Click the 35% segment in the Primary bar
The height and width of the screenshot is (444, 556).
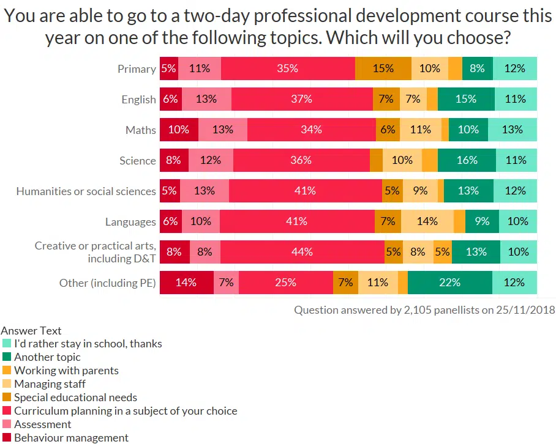(288, 68)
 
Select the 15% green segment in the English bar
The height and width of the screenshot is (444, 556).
(466, 99)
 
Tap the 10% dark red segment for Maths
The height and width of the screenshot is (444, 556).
(179, 130)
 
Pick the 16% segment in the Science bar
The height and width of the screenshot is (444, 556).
(467, 160)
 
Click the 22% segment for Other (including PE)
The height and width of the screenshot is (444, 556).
(449, 283)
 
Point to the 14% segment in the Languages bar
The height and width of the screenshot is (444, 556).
(427, 221)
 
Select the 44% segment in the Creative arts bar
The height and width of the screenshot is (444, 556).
(302, 252)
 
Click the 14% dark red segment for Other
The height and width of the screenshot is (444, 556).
(186, 283)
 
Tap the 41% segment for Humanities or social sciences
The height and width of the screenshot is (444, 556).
(305, 191)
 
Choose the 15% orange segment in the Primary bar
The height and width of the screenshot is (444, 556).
(383, 68)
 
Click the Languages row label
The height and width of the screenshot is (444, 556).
(130, 221)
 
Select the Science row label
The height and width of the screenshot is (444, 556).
(138, 161)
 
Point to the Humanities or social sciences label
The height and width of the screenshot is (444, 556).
(86, 191)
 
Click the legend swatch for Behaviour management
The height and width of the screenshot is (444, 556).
(7, 438)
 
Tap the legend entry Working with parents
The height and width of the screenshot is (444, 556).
(66, 371)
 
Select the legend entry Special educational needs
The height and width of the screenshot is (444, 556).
(75, 398)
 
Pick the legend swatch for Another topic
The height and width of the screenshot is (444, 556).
(7, 357)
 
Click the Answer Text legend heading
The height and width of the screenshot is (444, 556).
(31, 331)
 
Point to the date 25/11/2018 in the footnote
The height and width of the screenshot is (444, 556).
(527, 310)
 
